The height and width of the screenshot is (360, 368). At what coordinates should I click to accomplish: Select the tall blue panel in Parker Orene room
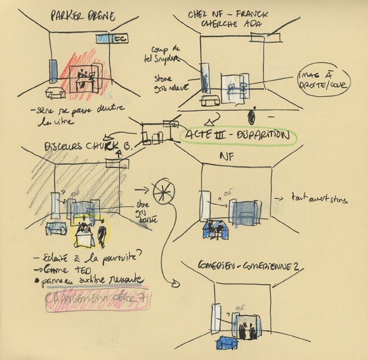coord(51,71)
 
